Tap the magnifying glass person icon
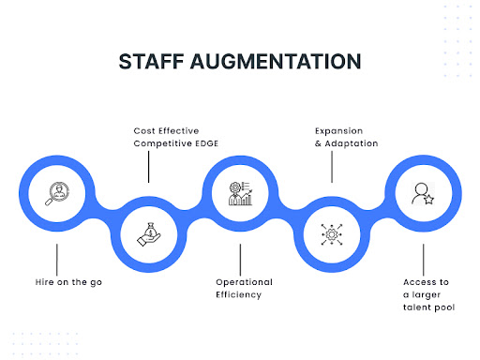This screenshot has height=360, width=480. (57, 193)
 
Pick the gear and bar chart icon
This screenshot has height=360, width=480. (240, 193)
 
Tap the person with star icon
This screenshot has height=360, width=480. (422, 193)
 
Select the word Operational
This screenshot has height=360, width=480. (244, 281)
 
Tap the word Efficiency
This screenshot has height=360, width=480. (238, 294)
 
